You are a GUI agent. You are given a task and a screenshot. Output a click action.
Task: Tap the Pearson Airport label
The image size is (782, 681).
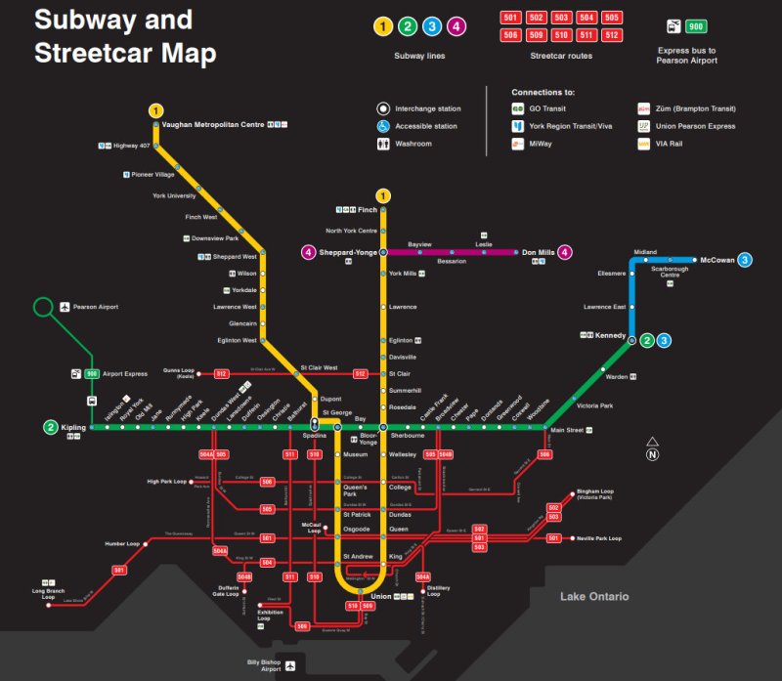tap(95, 307)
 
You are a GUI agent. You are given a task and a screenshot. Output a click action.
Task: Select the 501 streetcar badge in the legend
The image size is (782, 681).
tap(510, 18)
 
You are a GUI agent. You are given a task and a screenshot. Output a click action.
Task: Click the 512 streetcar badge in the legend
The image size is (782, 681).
tap(612, 35)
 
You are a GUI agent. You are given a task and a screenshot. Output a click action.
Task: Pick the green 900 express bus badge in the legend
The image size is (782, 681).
tap(696, 26)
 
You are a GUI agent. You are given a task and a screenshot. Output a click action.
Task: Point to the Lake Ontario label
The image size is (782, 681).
tap(594, 596)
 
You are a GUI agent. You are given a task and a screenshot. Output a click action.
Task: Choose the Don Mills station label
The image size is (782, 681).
tap(539, 252)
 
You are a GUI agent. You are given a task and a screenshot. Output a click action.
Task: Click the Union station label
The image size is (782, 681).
tap(380, 596)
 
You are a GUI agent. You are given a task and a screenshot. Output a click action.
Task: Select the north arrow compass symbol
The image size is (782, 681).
tap(652, 450)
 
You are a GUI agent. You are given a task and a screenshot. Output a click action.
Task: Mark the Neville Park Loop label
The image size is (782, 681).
tap(599, 538)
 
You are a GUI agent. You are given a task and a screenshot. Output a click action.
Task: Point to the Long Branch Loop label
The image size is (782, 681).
tap(49, 592)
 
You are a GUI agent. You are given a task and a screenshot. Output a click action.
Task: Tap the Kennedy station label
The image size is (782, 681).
tap(611, 335)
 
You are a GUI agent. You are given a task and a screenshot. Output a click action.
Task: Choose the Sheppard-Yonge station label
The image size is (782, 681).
tap(347, 252)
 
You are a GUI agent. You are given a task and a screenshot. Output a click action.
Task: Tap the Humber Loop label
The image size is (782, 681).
tap(122, 543)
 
